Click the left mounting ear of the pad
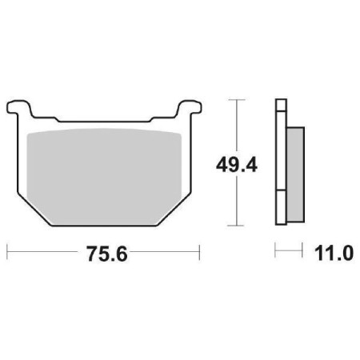tap(19, 106)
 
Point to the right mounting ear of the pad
tap(187, 106)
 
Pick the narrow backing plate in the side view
tap(279, 160)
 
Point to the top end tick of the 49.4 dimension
tap(234, 98)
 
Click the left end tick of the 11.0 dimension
tap(276, 254)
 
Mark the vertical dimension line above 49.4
tap(234, 124)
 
